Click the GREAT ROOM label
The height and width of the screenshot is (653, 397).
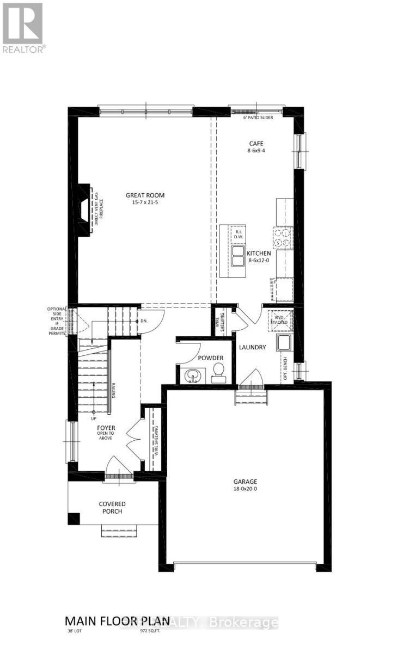(145, 195)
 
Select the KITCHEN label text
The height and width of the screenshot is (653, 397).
(259, 254)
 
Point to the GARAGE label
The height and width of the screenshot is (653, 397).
(245, 482)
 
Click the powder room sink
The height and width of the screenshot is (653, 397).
(192, 375)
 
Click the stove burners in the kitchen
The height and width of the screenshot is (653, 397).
(283, 237)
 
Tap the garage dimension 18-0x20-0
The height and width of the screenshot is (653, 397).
(245, 489)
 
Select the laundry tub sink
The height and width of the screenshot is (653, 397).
(283, 343)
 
